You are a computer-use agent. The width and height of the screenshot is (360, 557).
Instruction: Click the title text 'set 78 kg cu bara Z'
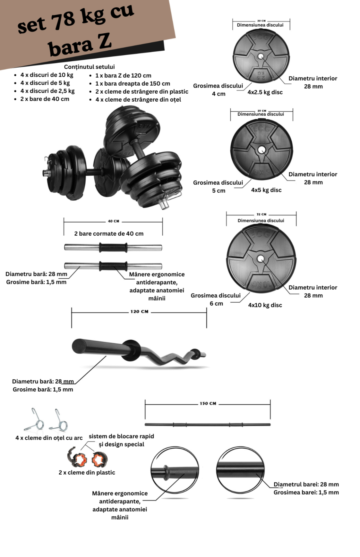click(x=77, y=30)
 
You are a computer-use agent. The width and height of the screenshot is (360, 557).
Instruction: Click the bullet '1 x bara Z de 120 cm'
click(x=123, y=76)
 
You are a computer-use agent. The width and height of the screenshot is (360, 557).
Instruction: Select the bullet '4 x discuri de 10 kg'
click(x=47, y=75)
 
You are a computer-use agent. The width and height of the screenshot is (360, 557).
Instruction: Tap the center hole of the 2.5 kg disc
click(x=261, y=56)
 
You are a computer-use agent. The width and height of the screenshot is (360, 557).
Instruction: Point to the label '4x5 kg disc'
click(x=266, y=190)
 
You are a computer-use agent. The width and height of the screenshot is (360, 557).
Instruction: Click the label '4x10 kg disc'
click(x=265, y=305)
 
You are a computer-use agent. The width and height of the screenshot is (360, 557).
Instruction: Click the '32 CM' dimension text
click(x=261, y=215)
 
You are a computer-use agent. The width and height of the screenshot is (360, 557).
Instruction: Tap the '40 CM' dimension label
click(x=113, y=221)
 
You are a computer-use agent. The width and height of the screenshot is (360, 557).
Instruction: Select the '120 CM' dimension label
click(x=139, y=312)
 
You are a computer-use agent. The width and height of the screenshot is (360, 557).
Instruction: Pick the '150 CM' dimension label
click(x=208, y=404)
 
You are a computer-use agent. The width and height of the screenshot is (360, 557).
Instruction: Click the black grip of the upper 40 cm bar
click(x=113, y=248)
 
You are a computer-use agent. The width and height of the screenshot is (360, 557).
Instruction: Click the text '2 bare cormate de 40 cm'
click(x=109, y=234)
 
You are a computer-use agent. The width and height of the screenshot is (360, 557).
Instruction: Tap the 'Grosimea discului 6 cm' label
click(x=216, y=300)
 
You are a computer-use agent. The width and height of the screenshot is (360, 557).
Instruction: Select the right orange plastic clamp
click(x=99, y=460)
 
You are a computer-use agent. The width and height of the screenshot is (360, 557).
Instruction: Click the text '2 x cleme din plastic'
click(x=87, y=473)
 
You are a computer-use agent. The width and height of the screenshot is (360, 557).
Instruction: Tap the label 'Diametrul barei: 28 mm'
click(x=306, y=485)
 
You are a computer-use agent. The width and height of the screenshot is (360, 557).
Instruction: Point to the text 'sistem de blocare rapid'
click(x=121, y=436)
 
